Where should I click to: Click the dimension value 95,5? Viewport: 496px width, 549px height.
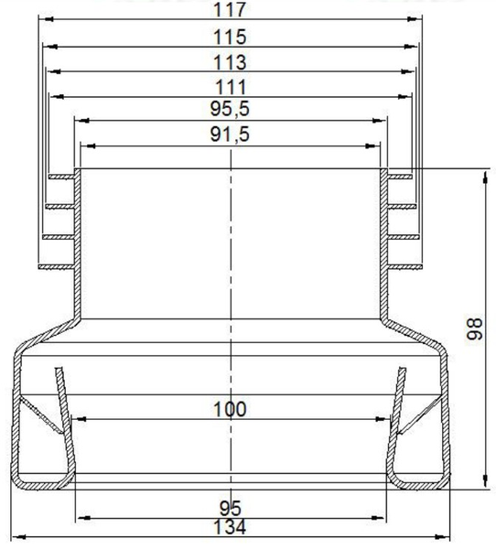(x=231, y=110)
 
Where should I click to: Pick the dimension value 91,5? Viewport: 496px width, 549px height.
(x=231, y=135)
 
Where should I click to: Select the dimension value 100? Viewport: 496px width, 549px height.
(x=229, y=409)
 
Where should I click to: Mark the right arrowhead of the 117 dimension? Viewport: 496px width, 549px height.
(x=422, y=22)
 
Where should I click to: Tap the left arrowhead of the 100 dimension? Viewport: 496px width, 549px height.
(x=78, y=419)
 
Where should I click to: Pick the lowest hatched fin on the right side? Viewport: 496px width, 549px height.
(x=404, y=266)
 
